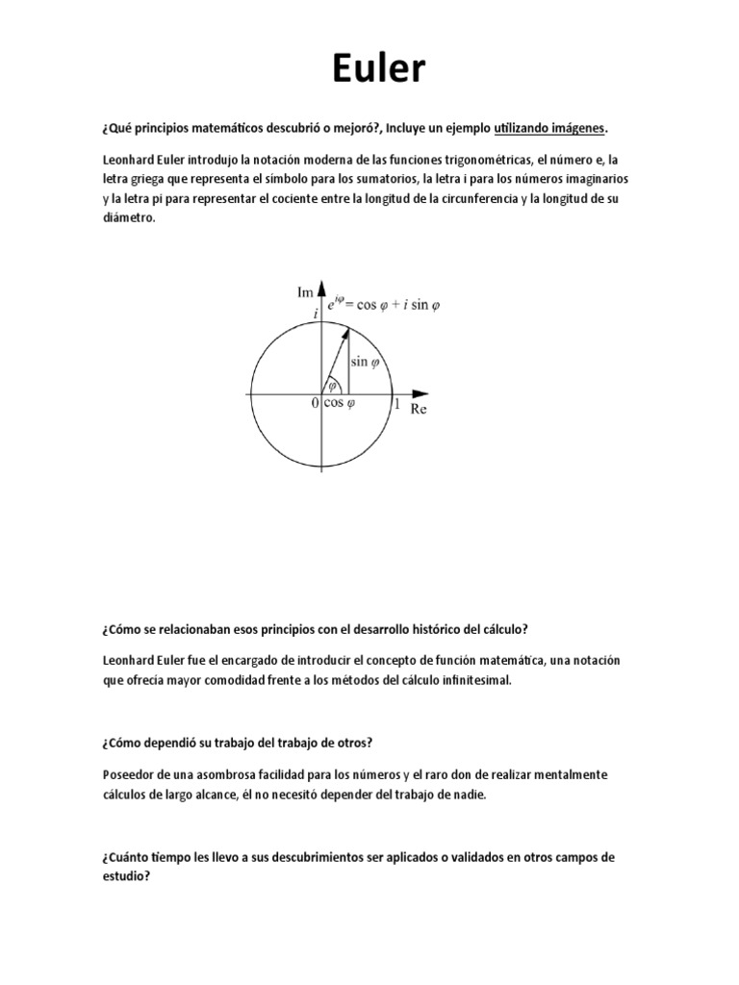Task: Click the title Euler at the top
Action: click(369, 69)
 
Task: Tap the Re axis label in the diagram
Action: click(419, 409)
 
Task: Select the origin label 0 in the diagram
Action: click(315, 405)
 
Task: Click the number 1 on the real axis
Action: click(396, 406)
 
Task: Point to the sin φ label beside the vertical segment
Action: click(365, 363)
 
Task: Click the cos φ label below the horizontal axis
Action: click(339, 404)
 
